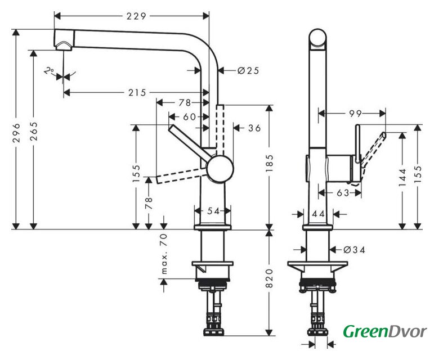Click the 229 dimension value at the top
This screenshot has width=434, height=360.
(136, 16)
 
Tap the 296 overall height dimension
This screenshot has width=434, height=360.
(17, 133)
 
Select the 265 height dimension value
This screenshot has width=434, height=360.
(34, 131)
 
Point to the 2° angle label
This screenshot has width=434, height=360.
(50, 71)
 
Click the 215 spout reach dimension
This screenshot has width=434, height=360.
(137, 93)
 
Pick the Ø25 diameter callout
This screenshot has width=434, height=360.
(248, 71)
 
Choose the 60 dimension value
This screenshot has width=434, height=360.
(190, 117)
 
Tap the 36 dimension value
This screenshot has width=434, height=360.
(254, 128)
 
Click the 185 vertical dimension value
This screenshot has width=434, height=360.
(269, 164)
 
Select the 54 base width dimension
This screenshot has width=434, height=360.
(213, 211)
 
